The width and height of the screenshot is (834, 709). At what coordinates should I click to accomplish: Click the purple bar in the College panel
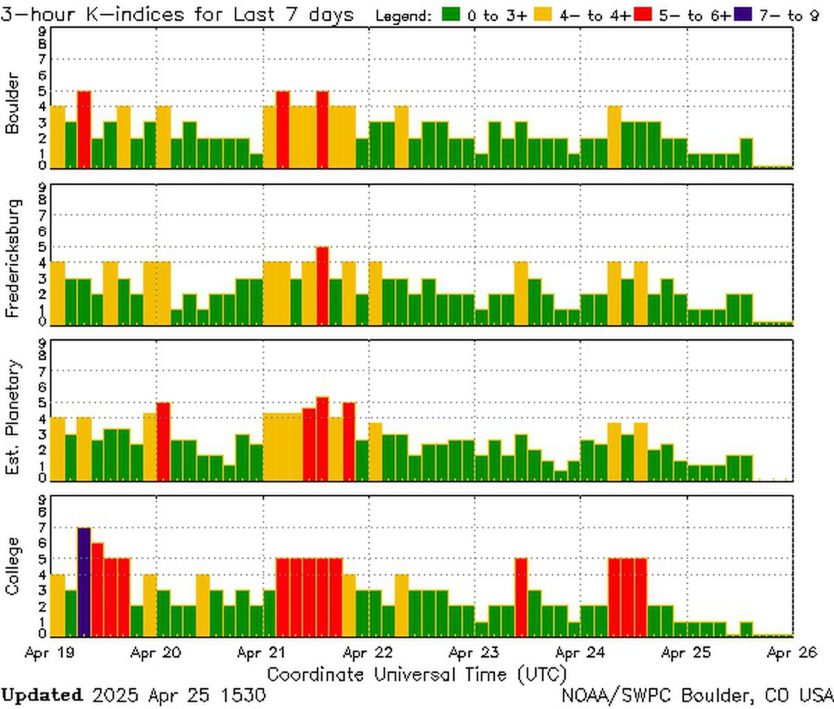pyautogui.click(x=84, y=582)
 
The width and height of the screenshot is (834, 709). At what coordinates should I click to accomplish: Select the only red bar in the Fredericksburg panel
pyautogui.click(x=322, y=286)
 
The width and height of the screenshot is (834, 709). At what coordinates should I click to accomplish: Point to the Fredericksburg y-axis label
pyautogui.click(x=13, y=259)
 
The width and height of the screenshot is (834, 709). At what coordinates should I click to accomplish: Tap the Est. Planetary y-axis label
pyautogui.click(x=13, y=417)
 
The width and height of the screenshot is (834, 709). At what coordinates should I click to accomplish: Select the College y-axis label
pyautogui.click(x=13, y=566)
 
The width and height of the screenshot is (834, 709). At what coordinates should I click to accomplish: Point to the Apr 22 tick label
pyautogui.click(x=368, y=653)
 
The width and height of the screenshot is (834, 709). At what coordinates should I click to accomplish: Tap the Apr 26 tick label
pyautogui.click(x=792, y=653)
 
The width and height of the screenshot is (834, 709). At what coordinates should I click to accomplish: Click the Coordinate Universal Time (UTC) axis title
pyautogui.click(x=416, y=674)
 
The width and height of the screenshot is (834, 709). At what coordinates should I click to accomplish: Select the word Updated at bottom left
pyautogui.click(x=42, y=695)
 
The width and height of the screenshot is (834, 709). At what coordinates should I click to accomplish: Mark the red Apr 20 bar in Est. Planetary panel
pyautogui.click(x=163, y=441)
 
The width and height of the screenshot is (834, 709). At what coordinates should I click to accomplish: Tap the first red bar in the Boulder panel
pyautogui.click(x=84, y=129)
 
